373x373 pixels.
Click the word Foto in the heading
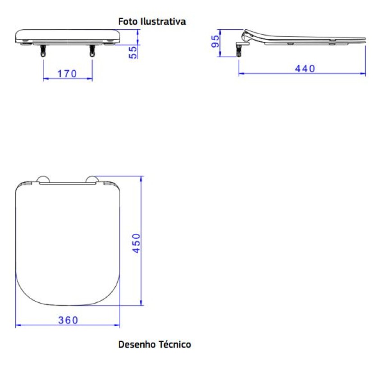pyautogui.click(x=127, y=21)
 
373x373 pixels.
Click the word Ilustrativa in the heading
pyautogui.click(x=163, y=21)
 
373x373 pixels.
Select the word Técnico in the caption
pyautogui.click(x=175, y=345)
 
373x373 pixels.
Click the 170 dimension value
pyautogui.click(x=67, y=73)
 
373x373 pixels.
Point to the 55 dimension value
pyautogui.click(x=133, y=52)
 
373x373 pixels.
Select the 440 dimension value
pyautogui.click(x=305, y=68)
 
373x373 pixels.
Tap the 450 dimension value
pyautogui.click(x=136, y=243)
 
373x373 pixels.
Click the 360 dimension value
pyautogui.click(x=68, y=320)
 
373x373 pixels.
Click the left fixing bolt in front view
pyautogui.click(x=43, y=51)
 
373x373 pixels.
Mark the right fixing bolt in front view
pyautogui.click(x=92, y=51)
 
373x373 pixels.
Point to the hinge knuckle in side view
pyautogui.click(x=247, y=35)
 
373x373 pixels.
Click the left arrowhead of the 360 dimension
pyautogui.click(x=18, y=325)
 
